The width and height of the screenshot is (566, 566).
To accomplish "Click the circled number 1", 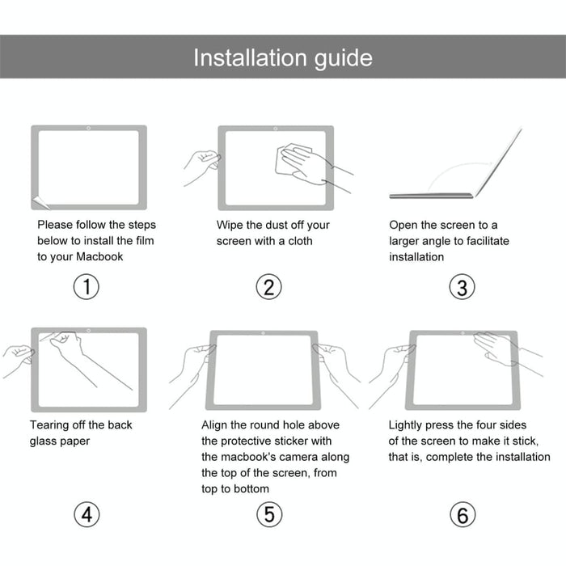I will tap(87, 286).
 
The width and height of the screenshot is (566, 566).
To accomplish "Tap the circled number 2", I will tap(269, 286).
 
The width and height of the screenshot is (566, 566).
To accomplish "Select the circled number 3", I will tap(462, 287).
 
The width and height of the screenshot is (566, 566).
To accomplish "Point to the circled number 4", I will tap(87, 514).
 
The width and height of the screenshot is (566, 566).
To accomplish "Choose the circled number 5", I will tap(269, 514).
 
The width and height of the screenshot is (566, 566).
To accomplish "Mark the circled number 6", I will tap(462, 514).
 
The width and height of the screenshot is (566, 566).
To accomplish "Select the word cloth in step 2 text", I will tap(298, 241).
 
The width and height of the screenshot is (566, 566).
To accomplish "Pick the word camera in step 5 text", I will tap(305, 457).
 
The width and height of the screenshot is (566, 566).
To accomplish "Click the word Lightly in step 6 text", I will tap(409, 425).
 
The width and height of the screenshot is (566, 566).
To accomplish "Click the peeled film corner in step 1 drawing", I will tap(36, 202).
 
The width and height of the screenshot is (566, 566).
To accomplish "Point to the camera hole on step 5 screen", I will tap(264, 333).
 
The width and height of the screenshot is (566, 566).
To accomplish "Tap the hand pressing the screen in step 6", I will tap(493, 348).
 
